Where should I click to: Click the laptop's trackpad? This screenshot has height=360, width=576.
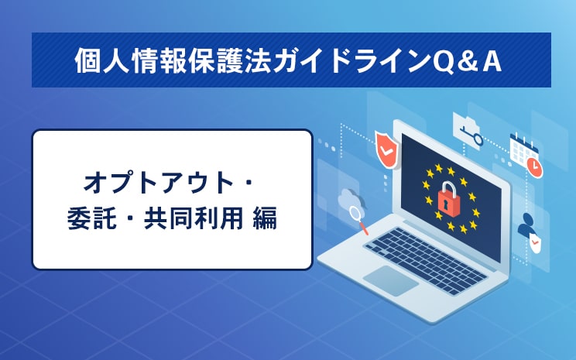390,281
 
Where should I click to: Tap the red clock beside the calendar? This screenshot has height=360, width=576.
534,167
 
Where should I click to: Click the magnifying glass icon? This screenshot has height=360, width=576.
358,219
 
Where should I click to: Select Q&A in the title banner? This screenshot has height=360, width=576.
467,61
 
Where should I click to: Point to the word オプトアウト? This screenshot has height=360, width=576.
159,183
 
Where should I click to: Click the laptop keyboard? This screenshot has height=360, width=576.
425,260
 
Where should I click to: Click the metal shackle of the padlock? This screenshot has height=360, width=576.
448,188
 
